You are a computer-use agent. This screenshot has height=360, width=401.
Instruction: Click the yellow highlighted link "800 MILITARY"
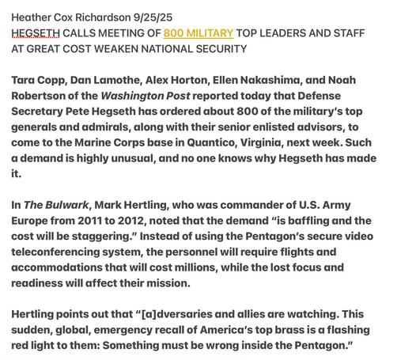198,33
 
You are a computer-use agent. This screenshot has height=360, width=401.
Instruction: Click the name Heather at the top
33,17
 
